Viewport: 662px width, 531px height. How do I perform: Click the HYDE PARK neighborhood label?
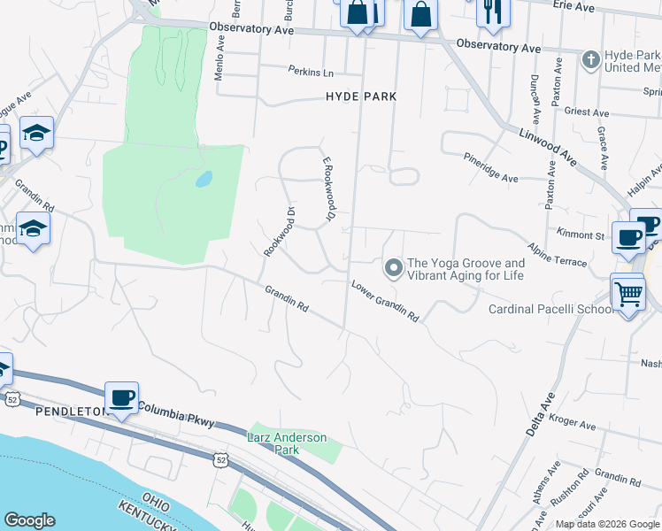(360, 96)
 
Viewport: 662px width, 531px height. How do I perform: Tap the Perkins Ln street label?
(309, 71)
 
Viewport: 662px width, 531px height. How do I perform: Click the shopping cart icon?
(627, 293)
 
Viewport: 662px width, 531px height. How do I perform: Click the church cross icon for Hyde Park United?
(591, 60)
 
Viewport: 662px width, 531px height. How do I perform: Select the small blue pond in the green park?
(204, 179)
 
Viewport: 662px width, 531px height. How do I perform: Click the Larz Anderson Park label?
(287, 443)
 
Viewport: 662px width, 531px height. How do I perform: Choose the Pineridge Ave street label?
(491, 167)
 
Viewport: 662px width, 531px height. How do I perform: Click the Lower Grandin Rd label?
(384, 301)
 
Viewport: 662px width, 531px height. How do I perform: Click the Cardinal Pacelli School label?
(550, 309)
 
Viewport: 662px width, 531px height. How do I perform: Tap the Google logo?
(29, 521)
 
